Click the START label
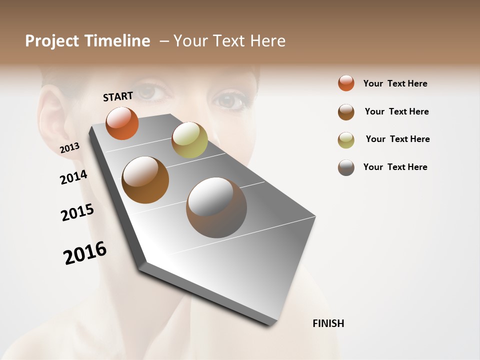(x=118, y=96)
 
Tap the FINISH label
(x=328, y=323)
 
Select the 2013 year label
(x=69, y=148)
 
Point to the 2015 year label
(x=77, y=212)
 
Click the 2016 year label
(x=85, y=252)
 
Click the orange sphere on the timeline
(x=122, y=123)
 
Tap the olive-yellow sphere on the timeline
(x=189, y=140)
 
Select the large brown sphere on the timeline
(x=145, y=180)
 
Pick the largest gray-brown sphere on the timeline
(x=216, y=207)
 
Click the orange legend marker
(x=346, y=83)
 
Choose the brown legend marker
(x=346, y=112)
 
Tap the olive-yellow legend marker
(x=346, y=140)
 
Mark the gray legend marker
(x=346, y=167)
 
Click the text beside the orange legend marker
(x=395, y=83)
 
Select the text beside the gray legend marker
(x=395, y=167)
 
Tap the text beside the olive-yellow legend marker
(x=397, y=139)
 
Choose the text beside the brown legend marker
(x=396, y=111)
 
